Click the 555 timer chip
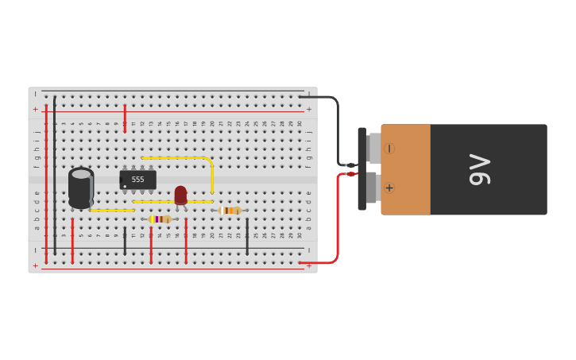tap(137, 180)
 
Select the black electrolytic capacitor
tap(81, 188)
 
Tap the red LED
tap(180, 194)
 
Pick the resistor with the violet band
tap(160, 219)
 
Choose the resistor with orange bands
tap(230, 211)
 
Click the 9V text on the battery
tap(481, 169)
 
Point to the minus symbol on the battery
tap(389, 149)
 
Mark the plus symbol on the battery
tap(389, 188)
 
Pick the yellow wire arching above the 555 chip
tap(187, 158)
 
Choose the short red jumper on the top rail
tap(125, 117)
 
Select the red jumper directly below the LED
tap(186, 241)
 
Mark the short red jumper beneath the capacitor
tap(72, 241)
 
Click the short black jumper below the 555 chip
tap(125, 241)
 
